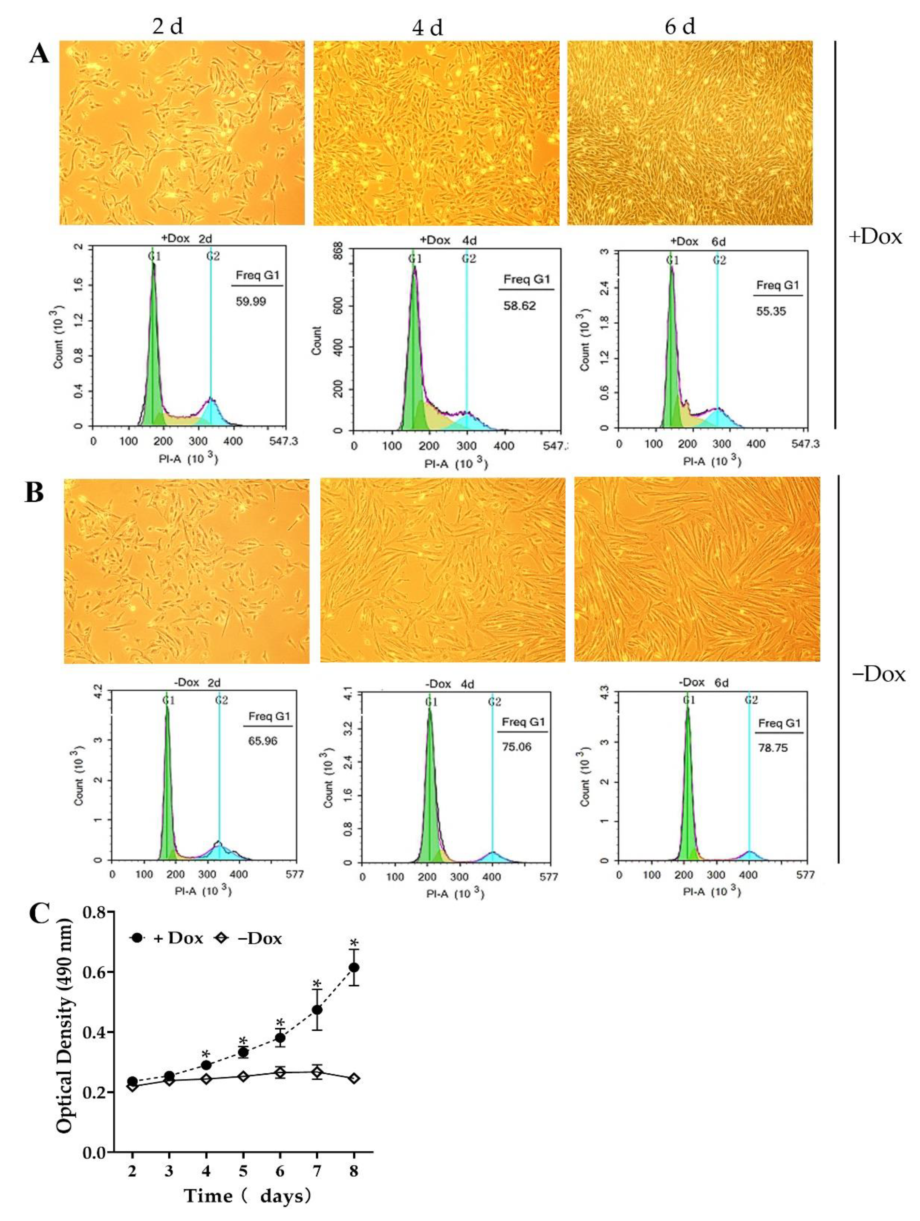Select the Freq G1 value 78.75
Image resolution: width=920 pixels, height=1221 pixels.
pyautogui.click(x=773, y=748)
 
